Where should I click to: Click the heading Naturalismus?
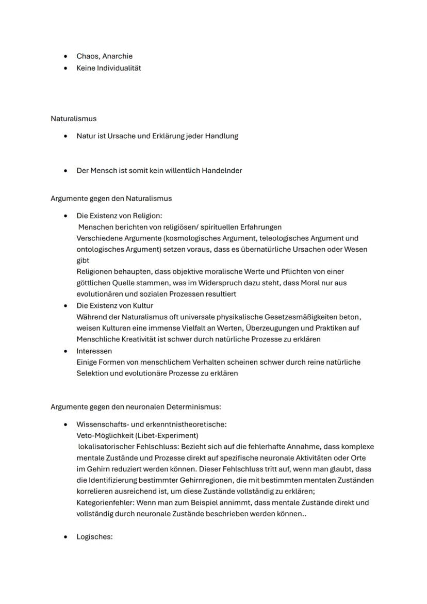[73, 119]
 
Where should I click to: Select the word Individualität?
[119, 68]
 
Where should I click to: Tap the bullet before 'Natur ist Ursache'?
[65, 136]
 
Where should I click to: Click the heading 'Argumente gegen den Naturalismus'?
[111, 198]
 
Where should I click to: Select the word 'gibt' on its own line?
[83, 260]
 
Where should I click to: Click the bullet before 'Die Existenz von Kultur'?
[65, 305]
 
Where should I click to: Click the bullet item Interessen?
[94, 351]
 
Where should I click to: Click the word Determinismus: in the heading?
[193, 406]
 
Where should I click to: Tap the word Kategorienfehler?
[106, 502]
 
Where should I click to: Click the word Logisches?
[94, 536]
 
